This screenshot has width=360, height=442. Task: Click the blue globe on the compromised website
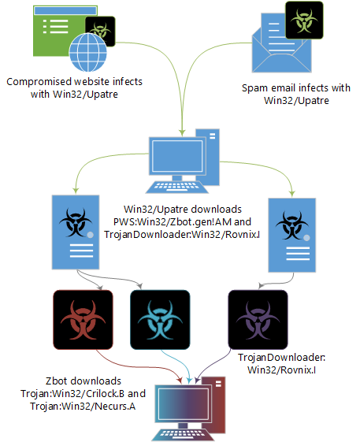point(88,52)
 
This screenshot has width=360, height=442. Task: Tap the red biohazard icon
point(84,320)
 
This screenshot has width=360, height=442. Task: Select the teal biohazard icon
point(160,320)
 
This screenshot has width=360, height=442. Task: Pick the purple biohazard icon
point(258,320)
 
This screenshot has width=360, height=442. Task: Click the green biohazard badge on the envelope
point(304,20)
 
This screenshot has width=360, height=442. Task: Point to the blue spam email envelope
point(282,45)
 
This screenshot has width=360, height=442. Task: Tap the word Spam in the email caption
point(255,88)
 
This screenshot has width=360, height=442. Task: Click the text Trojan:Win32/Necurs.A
point(83,407)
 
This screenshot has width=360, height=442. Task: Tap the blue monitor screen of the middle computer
point(177,156)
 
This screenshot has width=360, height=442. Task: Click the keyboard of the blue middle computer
point(177,187)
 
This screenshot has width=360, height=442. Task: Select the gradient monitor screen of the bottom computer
point(184,404)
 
